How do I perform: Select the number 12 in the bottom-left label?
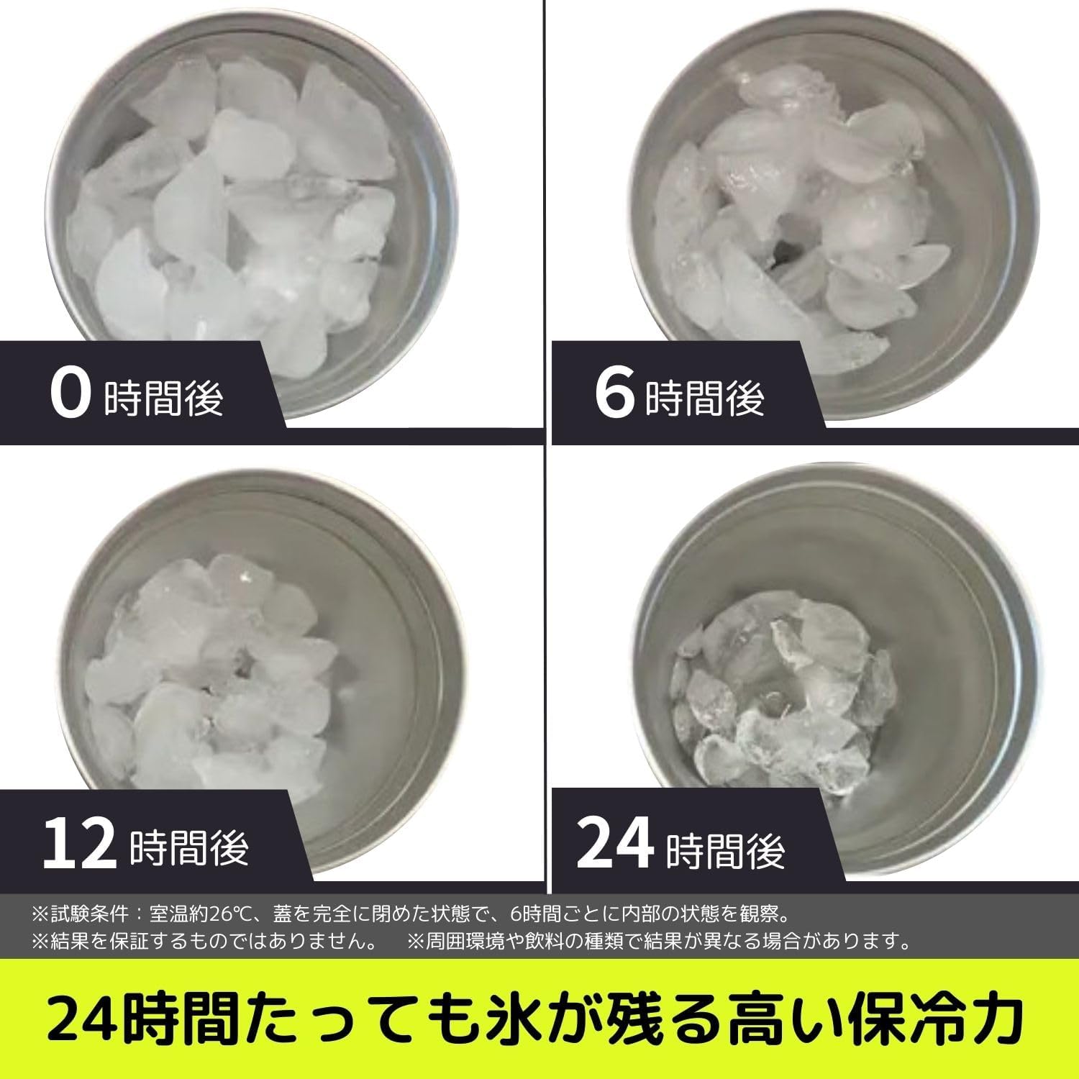pyautogui.click(x=79, y=843)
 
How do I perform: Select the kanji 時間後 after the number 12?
pyautogui.click(x=189, y=847)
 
